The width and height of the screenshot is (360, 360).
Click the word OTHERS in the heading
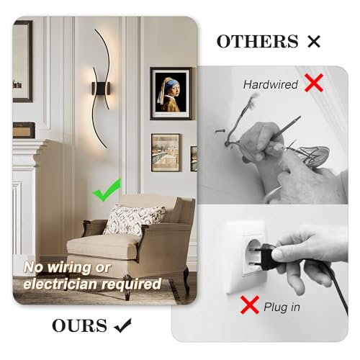[x=257, y=41]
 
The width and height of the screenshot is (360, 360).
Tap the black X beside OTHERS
[x=314, y=42]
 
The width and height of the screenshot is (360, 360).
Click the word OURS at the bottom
[x=79, y=325]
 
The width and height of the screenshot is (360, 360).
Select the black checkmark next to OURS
[x=123, y=325]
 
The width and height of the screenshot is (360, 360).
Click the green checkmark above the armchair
[x=107, y=190]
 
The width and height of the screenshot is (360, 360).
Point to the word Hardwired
[x=271, y=84]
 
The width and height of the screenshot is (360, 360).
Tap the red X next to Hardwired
[x=314, y=83]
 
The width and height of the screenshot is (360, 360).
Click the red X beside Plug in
[x=250, y=305]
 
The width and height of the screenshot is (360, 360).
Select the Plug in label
[x=282, y=307]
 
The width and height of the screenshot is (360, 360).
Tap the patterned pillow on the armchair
[x=133, y=220]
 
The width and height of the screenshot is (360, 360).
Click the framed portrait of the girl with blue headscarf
[x=171, y=94]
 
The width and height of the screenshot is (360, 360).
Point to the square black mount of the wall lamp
[x=101, y=89]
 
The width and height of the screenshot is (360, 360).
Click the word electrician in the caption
[x=61, y=284]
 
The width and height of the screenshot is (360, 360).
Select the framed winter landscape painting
[x=166, y=153]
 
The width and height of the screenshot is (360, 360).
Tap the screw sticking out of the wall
[x=220, y=131]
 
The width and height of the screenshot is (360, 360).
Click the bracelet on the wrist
[x=273, y=194]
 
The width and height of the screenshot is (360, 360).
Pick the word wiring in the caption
[x=69, y=268]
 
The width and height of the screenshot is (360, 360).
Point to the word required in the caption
[x=132, y=285]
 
